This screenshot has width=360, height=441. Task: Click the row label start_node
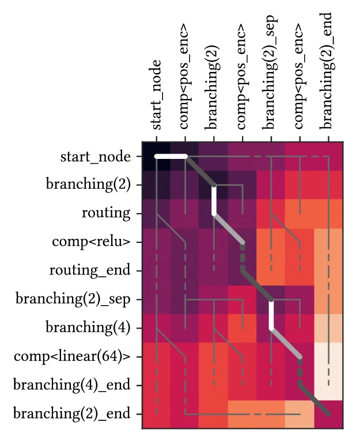pyautogui.click(x=95, y=156)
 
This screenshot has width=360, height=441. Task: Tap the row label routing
pyautogui.click(x=107, y=213)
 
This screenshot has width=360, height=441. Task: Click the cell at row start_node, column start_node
pyautogui.click(x=157, y=156)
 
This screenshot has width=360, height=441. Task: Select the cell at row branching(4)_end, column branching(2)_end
pyautogui.click(x=329, y=385)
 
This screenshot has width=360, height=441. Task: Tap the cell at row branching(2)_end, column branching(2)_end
pyautogui.click(x=329, y=413)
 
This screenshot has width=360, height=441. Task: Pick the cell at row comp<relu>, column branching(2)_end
pyautogui.click(x=329, y=242)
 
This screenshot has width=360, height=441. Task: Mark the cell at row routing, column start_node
pyautogui.click(x=157, y=213)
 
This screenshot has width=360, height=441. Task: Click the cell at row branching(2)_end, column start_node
pyautogui.click(x=157, y=413)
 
